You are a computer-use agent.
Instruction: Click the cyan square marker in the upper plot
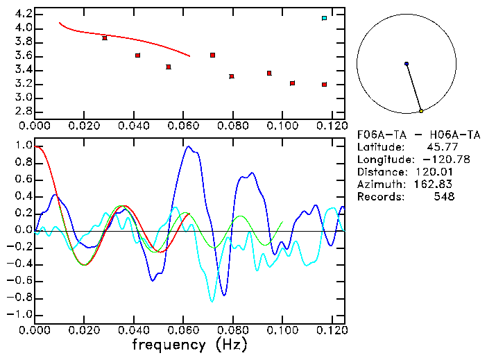tap(324, 17)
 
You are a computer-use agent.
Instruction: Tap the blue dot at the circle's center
tap(407, 64)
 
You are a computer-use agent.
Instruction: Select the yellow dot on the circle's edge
tap(421, 111)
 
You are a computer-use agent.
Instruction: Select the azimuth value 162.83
tap(433, 185)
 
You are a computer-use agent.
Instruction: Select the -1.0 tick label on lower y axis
tap(21, 314)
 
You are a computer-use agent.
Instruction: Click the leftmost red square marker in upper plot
tap(105, 37)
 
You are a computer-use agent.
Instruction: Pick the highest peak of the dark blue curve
tap(187, 146)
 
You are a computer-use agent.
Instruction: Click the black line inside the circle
tap(413, 87)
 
